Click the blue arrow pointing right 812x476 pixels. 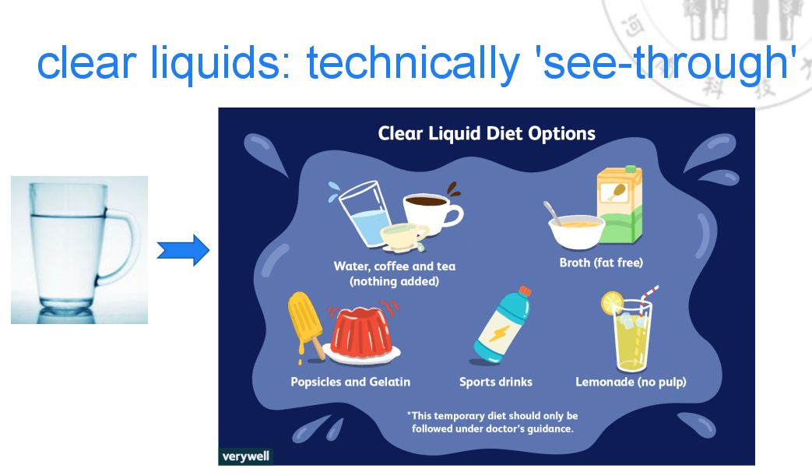[183, 250]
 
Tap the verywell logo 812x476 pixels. [245, 457]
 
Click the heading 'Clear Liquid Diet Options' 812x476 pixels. [487, 134]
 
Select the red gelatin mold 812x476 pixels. [361, 333]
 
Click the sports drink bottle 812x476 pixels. [502, 325]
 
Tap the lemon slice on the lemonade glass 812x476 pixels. [612, 303]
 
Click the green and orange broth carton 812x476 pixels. [620, 205]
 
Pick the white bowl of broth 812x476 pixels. [576, 231]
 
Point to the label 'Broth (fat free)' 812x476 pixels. [601, 263]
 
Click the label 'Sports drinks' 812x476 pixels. [496, 382]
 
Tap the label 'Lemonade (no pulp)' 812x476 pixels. [631, 383]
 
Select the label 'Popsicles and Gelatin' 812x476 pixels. [350, 382]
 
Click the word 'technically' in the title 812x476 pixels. [413, 63]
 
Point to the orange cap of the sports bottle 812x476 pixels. [525, 291]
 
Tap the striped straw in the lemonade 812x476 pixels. [647, 305]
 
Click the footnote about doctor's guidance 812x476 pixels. [492, 422]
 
